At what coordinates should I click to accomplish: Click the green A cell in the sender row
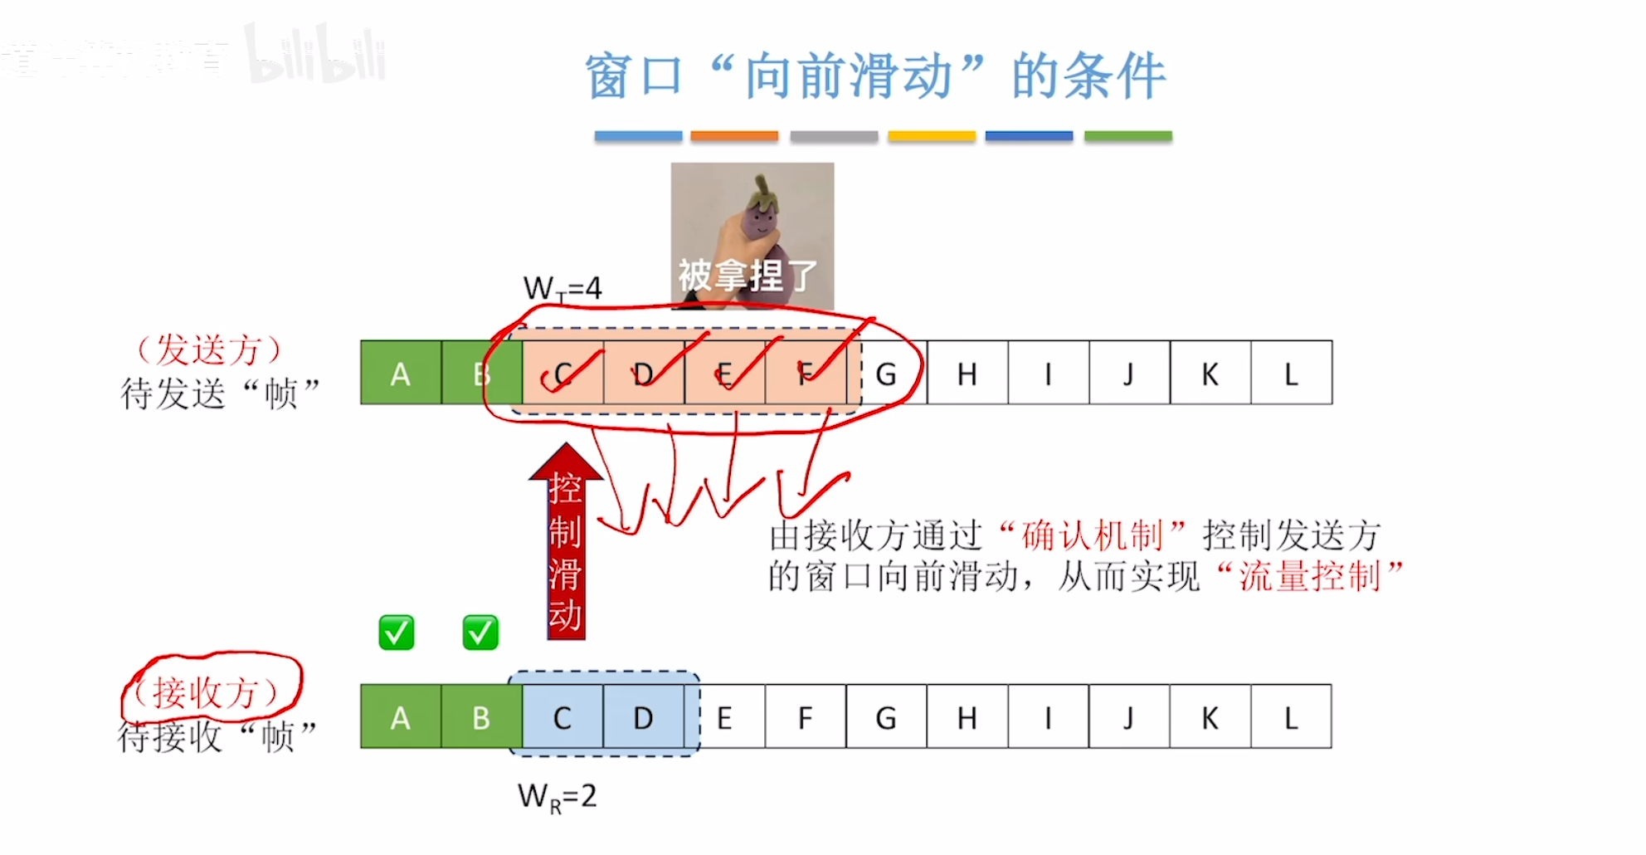pyautogui.click(x=401, y=373)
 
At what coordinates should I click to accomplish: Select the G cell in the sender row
pyautogui.click(x=887, y=374)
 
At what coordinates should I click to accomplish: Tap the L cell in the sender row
pyautogui.click(x=1291, y=374)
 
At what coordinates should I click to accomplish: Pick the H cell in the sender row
pyautogui.click(x=967, y=374)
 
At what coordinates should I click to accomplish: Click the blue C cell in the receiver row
pyautogui.click(x=562, y=717)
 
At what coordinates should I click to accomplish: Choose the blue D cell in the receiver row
pyautogui.click(x=643, y=717)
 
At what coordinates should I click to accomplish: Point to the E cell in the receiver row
pyautogui.click(x=724, y=717)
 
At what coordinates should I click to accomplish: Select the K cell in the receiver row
pyautogui.click(x=1210, y=717)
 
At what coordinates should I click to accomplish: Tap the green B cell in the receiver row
pyautogui.click(x=481, y=717)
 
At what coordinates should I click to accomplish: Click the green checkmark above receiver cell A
pyautogui.click(x=397, y=633)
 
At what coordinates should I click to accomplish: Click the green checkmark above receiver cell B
pyautogui.click(x=480, y=633)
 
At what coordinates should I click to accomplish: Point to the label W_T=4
pyautogui.click(x=562, y=289)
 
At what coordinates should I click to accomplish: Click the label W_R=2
pyautogui.click(x=557, y=797)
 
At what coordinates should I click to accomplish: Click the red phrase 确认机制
pyautogui.click(x=1093, y=535)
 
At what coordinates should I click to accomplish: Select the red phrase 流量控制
pyautogui.click(x=1309, y=576)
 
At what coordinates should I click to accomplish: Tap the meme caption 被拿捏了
pyautogui.click(x=748, y=275)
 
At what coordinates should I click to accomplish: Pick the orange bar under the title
pyautogui.click(x=734, y=136)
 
